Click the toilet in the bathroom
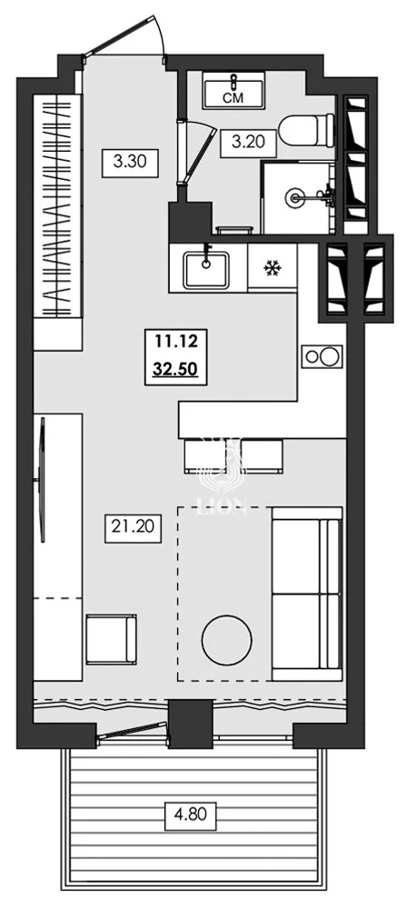pyautogui.click(x=302, y=130)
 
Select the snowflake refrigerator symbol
pyautogui.click(x=271, y=267)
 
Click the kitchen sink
pyautogui.click(x=207, y=266)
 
